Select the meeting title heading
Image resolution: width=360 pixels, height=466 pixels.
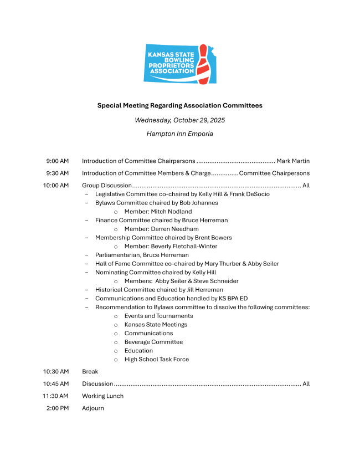tap(180, 105)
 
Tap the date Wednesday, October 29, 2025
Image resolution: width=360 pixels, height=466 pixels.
tap(180, 120)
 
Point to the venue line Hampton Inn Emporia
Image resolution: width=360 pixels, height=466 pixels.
tap(180, 134)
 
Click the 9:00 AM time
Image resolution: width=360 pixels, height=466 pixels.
tap(58, 161)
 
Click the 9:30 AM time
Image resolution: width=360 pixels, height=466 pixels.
tap(58, 173)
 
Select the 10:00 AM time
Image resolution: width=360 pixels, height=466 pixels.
tap(56, 186)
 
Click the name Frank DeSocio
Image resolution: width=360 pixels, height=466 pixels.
tap(250, 194)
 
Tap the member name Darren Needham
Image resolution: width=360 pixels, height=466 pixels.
tap(171, 229)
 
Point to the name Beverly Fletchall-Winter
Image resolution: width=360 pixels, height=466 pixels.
tap(180, 247)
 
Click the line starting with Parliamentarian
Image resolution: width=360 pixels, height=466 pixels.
tap(142, 255)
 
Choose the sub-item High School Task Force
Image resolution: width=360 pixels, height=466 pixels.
tap(156, 359)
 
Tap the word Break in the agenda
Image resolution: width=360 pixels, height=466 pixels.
tap(90, 371)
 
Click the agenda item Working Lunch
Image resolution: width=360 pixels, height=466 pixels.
tap(102, 396)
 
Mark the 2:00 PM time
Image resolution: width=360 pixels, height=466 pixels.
tap(58, 408)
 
